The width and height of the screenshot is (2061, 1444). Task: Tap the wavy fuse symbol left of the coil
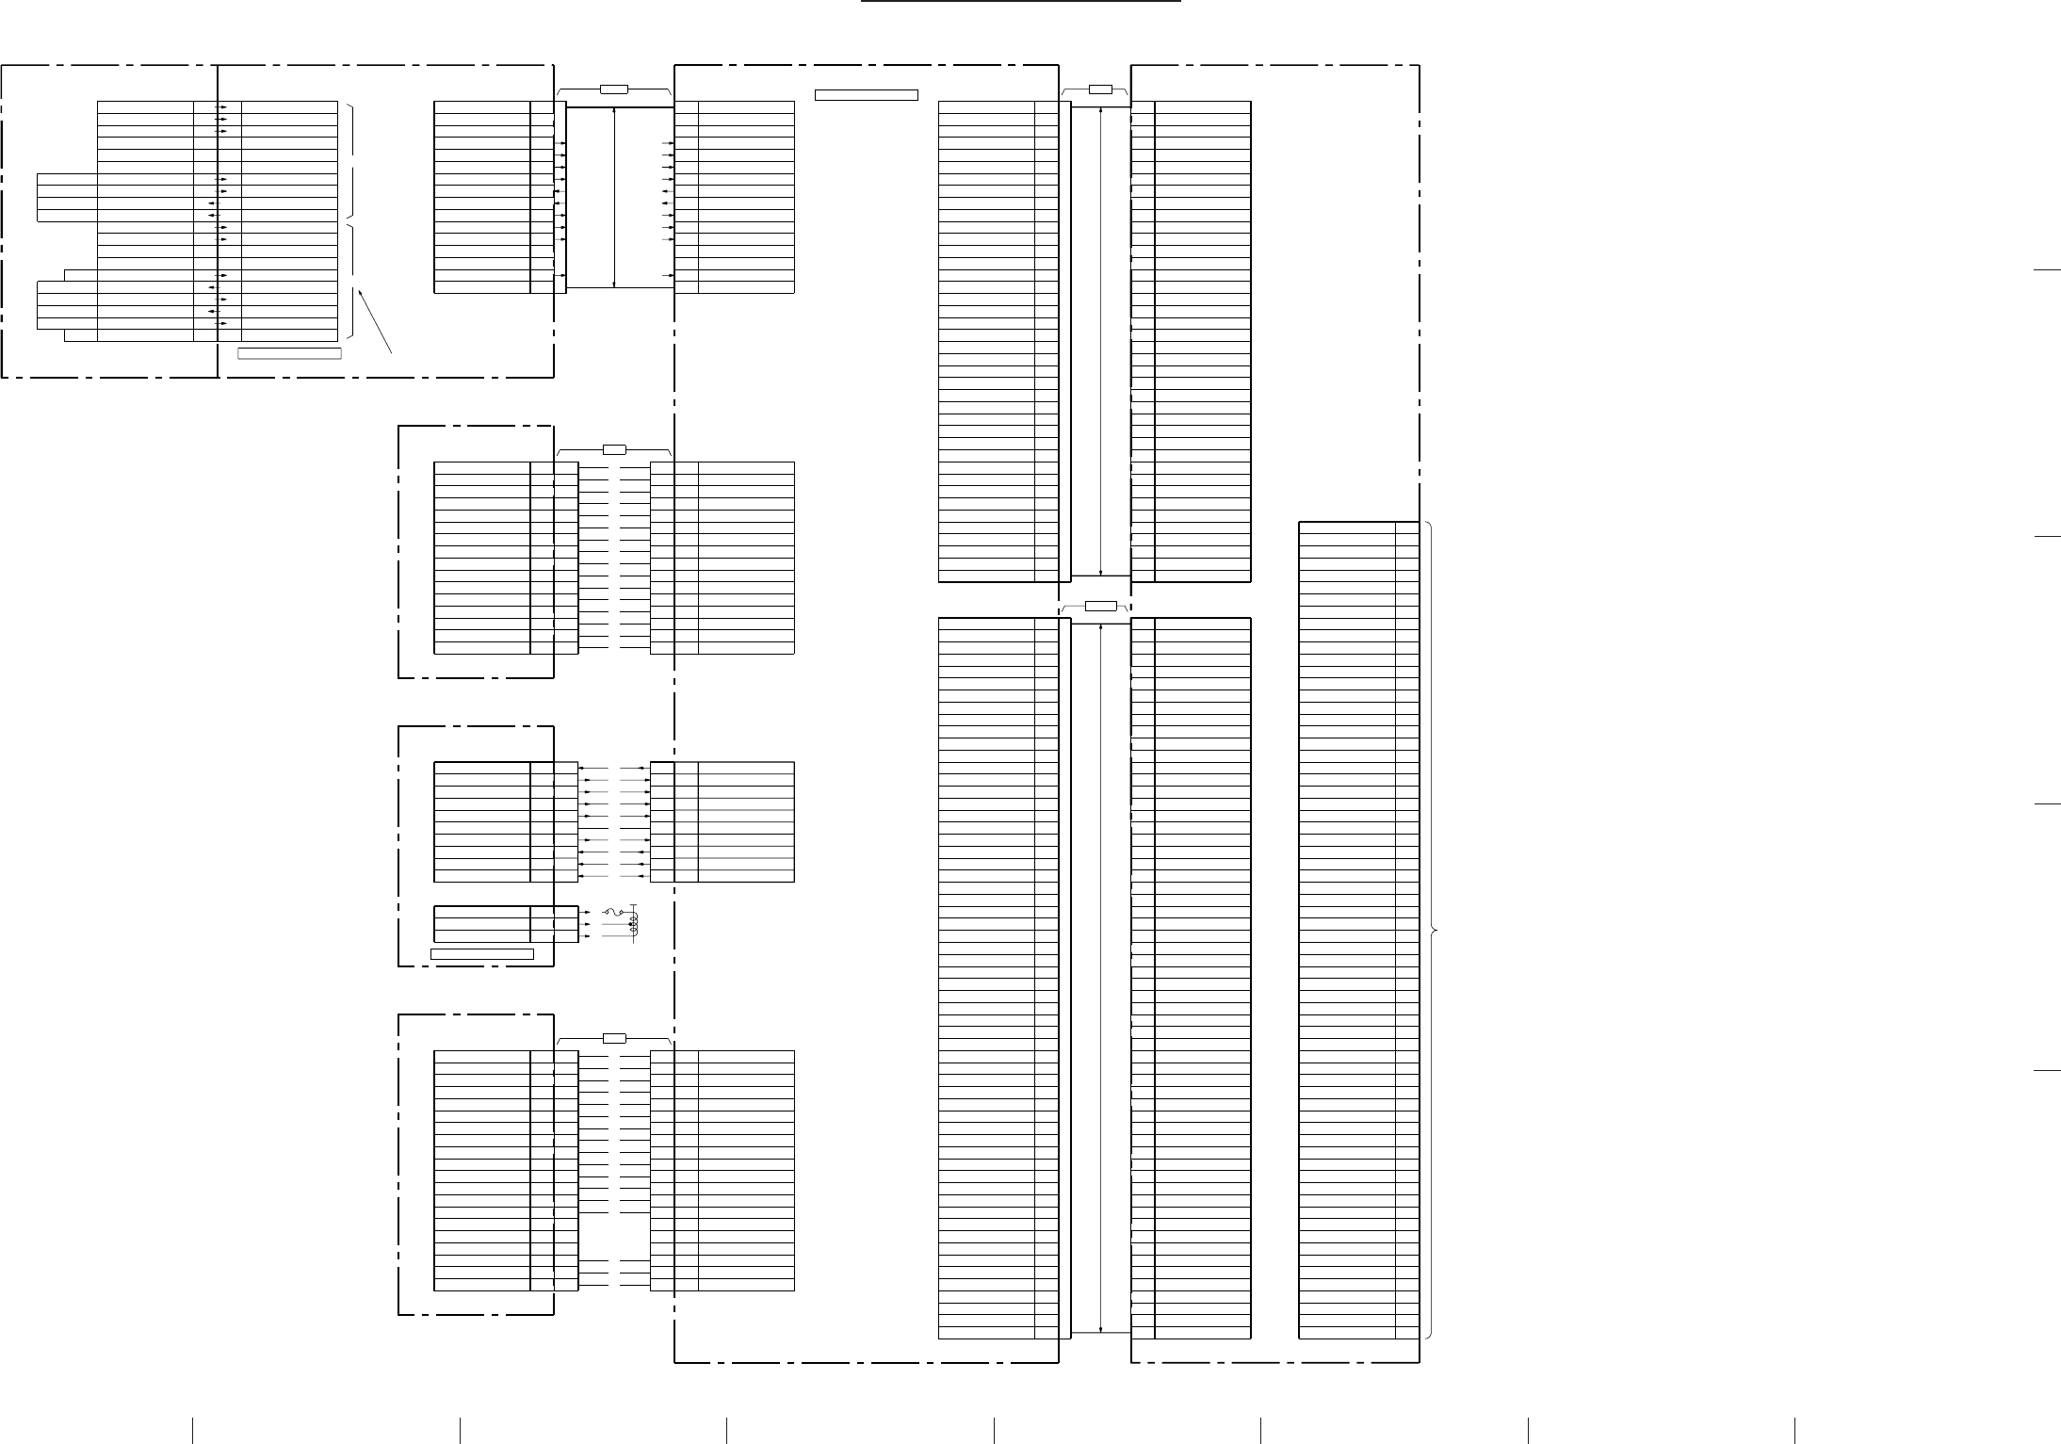pyautogui.click(x=610, y=912)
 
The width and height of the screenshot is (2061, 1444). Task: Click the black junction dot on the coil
pyautogui.click(x=631, y=924)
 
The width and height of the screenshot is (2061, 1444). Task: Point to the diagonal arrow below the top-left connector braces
pyautogui.click(x=375, y=320)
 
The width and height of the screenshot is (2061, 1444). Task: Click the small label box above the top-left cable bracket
pyautogui.click(x=614, y=89)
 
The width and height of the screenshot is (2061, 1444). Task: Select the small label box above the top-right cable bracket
pyautogui.click(x=1100, y=89)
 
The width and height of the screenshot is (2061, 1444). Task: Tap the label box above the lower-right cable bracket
pyautogui.click(x=1100, y=606)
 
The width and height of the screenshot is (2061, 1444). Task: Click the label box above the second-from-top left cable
pyautogui.click(x=614, y=449)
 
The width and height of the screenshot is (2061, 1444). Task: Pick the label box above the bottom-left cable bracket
pyautogui.click(x=614, y=1038)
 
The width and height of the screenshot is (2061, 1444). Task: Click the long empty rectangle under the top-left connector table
pyautogui.click(x=289, y=353)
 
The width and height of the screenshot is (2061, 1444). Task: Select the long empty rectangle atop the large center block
pyautogui.click(x=866, y=94)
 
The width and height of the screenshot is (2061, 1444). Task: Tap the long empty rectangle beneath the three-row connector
pyautogui.click(x=482, y=954)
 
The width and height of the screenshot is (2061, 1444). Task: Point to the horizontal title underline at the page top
pyautogui.click(x=1022, y=3)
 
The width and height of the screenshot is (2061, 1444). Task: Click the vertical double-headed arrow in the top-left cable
pyautogui.click(x=614, y=197)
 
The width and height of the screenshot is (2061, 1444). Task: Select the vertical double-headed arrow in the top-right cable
pyautogui.click(x=1100, y=340)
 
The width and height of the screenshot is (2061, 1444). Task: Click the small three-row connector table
pyautogui.click(x=506, y=924)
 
